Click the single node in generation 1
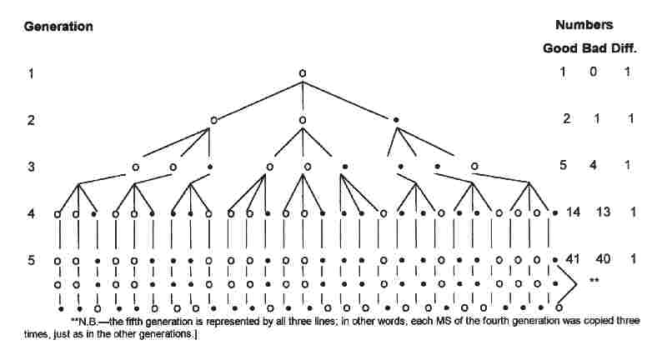(x=303, y=73)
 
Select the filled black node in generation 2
(x=396, y=120)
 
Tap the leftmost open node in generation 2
(x=213, y=120)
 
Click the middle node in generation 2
(x=303, y=120)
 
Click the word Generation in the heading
(x=58, y=26)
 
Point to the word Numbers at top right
(x=584, y=25)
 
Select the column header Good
(x=560, y=48)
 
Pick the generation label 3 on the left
(x=30, y=166)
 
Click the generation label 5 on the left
(x=30, y=260)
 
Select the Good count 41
(x=572, y=259)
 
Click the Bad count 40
(x=604, y=259)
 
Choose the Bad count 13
(x=603, y=212)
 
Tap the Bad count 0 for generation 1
(x=593, y=72)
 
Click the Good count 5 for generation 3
(x=564, y=165)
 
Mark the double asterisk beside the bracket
(x=594, y=281)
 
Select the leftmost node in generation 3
(x=136, y=167)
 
